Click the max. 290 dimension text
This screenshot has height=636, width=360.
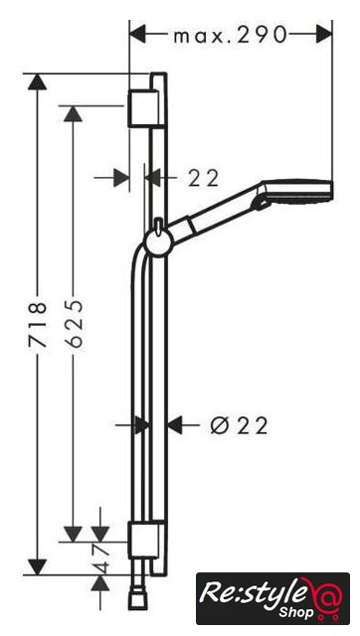click(x=230, y=36)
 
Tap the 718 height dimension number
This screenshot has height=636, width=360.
click(x=38, y=324)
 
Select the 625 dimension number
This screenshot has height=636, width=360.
click(x=74, y=324)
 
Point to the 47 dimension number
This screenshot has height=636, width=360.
click(x=100, y=558)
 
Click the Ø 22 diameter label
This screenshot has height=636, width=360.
click(x=240, y=426)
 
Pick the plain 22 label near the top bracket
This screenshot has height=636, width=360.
click(x=203, y=178)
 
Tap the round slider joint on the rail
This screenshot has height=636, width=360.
click(x=158, y=241)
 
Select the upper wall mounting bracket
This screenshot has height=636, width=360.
click(x=143, y=108)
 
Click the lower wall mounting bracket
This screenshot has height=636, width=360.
click(x=143, y=540)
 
